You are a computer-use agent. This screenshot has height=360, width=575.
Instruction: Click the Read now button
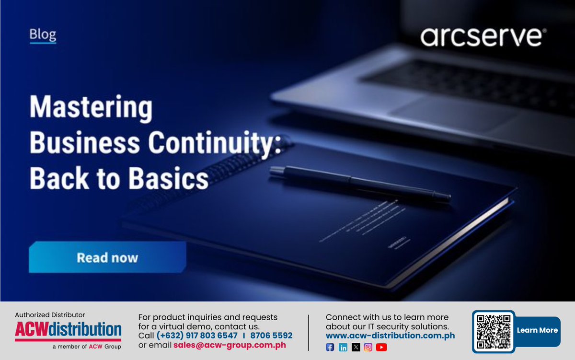107,257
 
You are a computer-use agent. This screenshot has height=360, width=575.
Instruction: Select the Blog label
43,35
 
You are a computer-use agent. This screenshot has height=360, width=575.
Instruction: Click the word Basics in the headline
168,179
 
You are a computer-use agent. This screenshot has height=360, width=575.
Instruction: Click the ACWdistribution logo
68,330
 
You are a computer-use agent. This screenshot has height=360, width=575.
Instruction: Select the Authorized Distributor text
50,315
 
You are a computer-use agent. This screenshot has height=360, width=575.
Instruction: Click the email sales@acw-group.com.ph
230,345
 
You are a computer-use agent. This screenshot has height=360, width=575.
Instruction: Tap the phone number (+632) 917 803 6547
197,336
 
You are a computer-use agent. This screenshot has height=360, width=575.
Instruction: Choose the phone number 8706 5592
272,336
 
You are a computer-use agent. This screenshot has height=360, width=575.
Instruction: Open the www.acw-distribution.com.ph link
390,336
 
